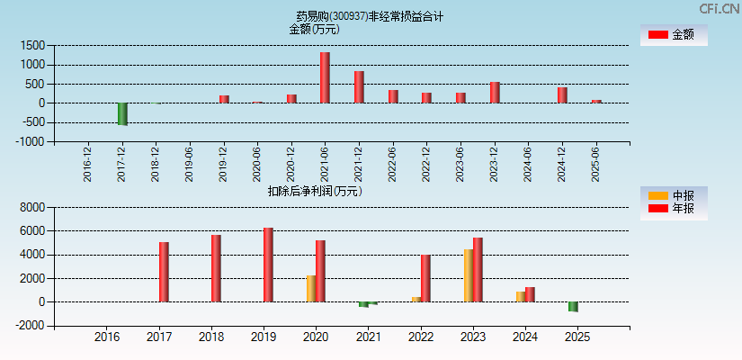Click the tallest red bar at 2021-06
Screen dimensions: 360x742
click(325, 77)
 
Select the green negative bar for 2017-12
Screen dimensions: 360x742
click(122, 113)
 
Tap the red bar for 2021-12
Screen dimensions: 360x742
click(359, 87)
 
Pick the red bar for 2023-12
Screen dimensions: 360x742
click(495, 93)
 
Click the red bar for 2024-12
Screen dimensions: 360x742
click(562, 95)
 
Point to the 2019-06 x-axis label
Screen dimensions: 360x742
click(189, 165)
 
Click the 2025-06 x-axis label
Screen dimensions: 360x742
click(595, 165)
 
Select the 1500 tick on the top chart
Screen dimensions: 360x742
click(32, 45)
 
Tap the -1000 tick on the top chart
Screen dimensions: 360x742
click(31, 142)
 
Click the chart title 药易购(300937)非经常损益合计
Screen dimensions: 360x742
click(370, 16)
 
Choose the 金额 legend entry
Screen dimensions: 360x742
click(674, 34)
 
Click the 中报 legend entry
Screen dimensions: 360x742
click(674, 196)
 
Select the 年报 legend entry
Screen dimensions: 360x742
click(674, 209)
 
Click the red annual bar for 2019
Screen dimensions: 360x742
click(268, 265)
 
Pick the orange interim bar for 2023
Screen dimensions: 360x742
click(469, 275)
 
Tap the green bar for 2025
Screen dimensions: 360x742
click(573, 307)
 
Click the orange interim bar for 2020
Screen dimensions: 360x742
click(311, 289)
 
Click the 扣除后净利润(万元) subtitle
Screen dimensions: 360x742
click(315, 191)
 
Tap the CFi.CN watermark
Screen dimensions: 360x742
click(719, 9)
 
